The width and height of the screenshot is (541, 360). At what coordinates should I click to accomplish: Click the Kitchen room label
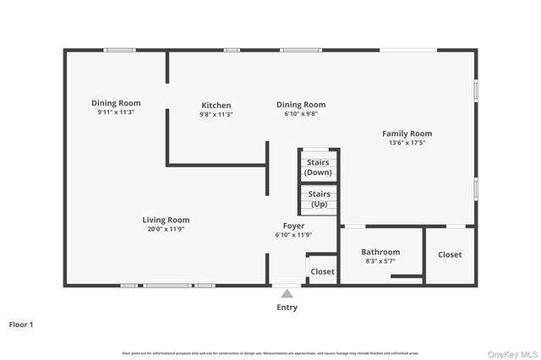(216, 106)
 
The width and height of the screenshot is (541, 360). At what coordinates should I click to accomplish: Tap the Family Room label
(407, 134)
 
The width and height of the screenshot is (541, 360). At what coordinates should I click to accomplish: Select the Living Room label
(166, 220)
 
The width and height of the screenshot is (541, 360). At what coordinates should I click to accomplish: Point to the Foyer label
(293, 226)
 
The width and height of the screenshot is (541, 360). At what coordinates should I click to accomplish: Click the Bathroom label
(380, 252)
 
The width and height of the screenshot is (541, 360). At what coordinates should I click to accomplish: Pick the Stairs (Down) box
(318, 166)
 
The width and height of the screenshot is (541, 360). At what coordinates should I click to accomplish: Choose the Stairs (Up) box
(319, 199)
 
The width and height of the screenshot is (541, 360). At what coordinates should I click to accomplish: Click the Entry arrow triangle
(287, 294)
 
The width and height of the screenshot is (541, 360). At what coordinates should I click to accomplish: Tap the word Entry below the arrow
(287, 308)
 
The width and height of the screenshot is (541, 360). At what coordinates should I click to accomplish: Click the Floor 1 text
(21, 324)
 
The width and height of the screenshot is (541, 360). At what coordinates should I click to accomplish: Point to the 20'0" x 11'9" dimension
(166, 229)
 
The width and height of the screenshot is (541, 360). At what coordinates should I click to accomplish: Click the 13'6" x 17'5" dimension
(407, 143)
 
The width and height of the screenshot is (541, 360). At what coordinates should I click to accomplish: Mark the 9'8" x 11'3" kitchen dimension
(216, 115)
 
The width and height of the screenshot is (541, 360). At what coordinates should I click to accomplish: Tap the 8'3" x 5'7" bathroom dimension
(380, 261)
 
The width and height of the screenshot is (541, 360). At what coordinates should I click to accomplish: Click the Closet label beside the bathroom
(450, 254)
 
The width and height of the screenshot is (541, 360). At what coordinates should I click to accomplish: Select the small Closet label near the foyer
(322, 271)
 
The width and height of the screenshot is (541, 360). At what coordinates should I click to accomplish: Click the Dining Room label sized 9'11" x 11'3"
(116, 103)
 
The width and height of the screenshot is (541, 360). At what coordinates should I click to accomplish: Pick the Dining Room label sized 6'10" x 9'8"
(301, 105)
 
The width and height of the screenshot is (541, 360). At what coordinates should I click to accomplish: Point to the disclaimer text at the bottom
(270, 352)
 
